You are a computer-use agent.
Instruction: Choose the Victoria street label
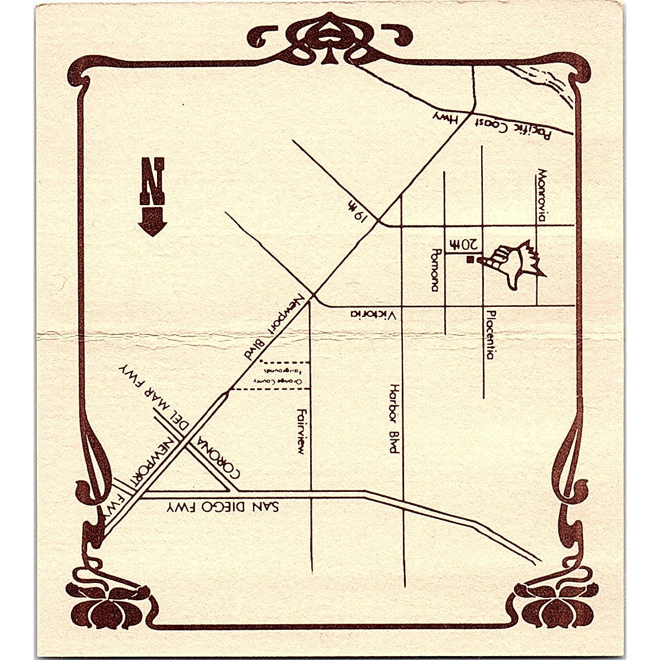[x=373, y=315]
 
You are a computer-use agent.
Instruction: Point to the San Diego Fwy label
[x=222, y=507]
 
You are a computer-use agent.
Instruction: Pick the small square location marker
[x=471, y=259]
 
